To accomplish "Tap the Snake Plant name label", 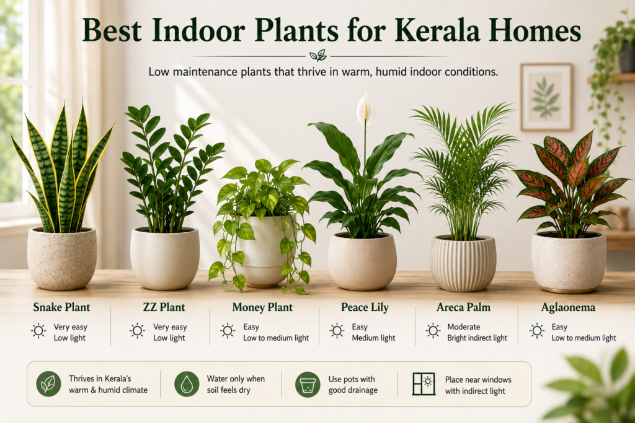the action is click(61, 307).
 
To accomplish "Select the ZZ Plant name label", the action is click(164, 307).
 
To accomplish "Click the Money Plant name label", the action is click(262, 308).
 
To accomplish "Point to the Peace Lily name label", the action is click(365, 308).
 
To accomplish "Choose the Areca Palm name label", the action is click(463, 307).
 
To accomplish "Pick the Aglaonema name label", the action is click(568, 308).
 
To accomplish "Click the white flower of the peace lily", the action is click(365, 106).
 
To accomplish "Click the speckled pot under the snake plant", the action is click(62, 258).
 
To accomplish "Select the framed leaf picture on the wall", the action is click(546, 97).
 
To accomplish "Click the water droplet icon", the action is click(187, 384).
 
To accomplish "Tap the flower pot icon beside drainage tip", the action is click(308, 384).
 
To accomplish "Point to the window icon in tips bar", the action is click(424, 384).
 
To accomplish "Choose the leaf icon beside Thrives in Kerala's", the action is click(48, 384).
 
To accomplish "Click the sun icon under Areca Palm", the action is click(433, 331).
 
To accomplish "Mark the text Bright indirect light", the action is click(477, 338).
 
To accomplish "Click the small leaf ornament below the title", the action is click(318, 55).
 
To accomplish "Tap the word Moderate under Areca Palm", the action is click(464, 327).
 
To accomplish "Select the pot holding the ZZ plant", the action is click(165, 259).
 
